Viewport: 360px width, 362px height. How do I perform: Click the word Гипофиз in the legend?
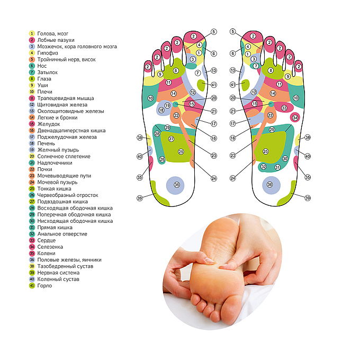(x=46, y=53)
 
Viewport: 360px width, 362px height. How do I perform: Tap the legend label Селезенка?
(x=51, y=247)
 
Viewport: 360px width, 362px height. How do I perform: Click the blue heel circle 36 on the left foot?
(x=177, y=184)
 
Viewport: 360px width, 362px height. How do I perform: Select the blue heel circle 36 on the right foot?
(x=270, y=184)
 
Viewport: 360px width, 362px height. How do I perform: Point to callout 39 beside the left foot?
(x=140, y=198)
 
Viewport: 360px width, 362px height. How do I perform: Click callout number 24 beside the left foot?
(x=214, y=178)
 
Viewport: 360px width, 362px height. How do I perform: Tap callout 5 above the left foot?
(x=214, y=32)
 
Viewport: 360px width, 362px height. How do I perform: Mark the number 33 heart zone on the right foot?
(x=284, y=108)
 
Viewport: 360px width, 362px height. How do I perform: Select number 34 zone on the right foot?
(x=295, y=117)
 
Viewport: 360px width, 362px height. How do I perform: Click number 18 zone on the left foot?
(x=161, y=110)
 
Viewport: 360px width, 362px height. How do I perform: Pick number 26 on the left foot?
(x=162, y=159)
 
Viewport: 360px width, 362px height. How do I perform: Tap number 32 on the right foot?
(x=264, y=167)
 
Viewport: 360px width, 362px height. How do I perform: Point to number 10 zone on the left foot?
(x=150, y=98)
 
